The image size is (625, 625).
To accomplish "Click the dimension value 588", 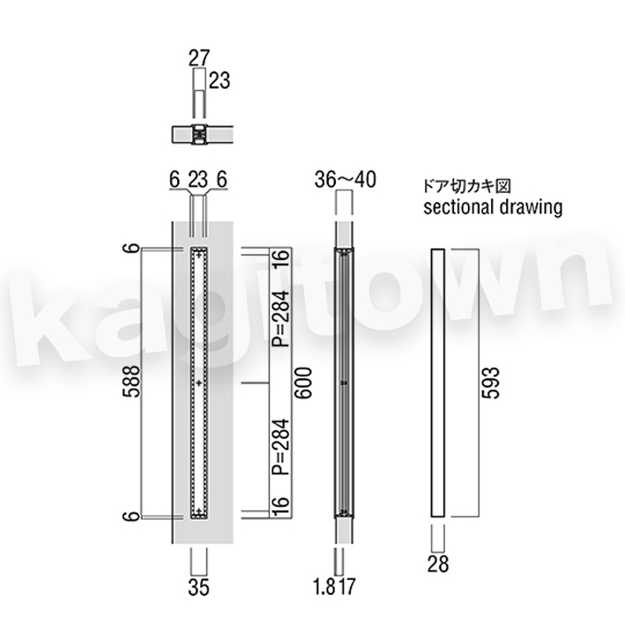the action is click(132, 382).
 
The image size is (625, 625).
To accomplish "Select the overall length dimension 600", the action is click(303, 383).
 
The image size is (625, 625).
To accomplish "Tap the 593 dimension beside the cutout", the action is click(490, 383).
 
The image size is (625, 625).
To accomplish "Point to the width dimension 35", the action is click(198, 587).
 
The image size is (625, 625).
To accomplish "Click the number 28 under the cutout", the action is click(438, 564).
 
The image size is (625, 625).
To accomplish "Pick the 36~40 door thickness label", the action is click(346, 180).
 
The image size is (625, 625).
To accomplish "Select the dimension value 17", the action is click(346, 587).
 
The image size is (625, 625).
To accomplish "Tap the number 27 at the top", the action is click(199, 58).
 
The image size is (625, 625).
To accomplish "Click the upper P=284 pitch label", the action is click(280, 319).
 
